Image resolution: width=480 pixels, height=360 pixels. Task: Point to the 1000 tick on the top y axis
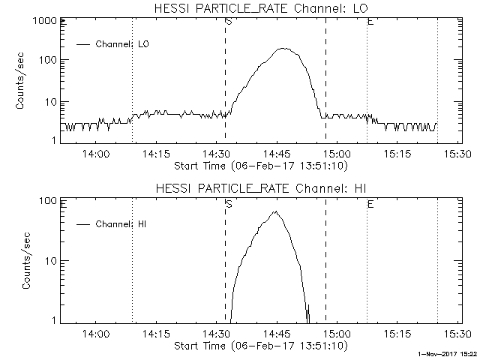pos(43,22)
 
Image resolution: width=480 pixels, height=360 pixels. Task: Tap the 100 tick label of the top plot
pos(46,60)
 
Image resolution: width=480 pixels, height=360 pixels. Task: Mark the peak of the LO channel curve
pos(283,49)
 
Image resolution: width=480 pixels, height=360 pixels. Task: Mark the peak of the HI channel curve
pos(275,211)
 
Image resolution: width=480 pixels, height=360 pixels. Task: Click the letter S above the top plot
pos(228,22)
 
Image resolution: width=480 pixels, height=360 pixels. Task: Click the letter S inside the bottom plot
pos(228,203)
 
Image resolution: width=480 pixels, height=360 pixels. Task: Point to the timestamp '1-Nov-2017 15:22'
pos(449,353)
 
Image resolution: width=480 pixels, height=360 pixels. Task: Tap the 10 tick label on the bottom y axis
pos(49,261)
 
